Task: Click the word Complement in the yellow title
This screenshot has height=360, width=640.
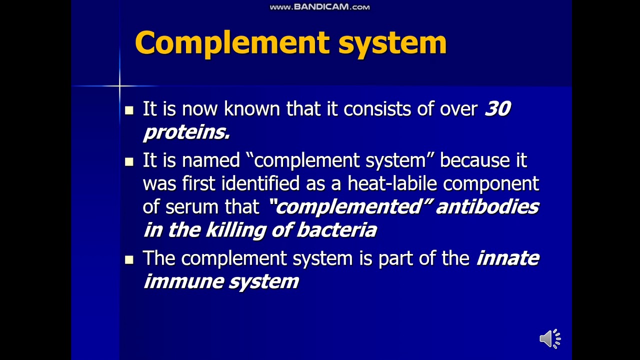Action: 232,43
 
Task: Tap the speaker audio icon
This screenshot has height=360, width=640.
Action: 550,339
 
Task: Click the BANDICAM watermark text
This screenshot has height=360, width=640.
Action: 319,7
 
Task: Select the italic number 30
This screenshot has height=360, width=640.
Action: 497,109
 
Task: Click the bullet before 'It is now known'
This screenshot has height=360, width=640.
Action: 129,110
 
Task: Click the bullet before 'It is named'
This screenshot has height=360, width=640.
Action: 129,161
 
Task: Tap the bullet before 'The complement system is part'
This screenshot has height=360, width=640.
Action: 129,259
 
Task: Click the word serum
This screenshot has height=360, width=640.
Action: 189,207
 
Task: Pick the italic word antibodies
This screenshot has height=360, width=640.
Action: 487,206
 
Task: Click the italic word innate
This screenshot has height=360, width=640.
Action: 507,258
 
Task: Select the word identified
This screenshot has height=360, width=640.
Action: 260,183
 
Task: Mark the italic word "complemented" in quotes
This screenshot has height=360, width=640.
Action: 350,206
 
